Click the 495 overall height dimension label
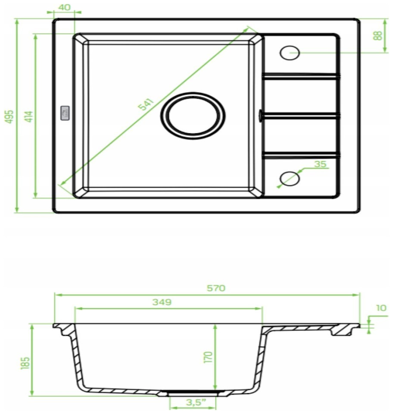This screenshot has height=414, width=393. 9,116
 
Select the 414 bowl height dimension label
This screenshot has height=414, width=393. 30,116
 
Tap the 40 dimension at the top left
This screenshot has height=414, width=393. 64,7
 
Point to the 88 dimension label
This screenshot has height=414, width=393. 378,35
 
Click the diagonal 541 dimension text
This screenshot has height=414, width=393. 146,104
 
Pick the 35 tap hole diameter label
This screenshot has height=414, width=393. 320,164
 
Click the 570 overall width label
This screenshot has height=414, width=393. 216,288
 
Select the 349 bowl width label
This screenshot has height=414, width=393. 162,302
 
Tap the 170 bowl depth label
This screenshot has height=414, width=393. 209,357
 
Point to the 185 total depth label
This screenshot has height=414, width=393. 25,363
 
